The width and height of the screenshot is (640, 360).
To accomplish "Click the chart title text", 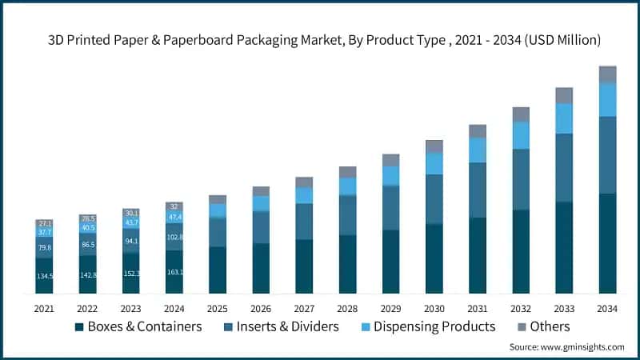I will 320,39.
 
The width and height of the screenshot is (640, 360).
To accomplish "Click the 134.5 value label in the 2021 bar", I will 44,276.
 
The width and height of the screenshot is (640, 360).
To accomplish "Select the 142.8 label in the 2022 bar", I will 87,274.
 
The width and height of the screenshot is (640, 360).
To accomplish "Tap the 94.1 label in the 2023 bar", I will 131,241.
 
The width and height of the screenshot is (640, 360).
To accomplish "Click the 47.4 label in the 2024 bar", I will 174,216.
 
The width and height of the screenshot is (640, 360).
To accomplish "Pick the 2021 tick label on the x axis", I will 44,308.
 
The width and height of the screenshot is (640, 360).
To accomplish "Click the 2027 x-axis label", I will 304,308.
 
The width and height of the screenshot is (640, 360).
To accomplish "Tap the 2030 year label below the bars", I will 434,308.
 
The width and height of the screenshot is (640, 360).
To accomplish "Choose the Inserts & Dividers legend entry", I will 285,326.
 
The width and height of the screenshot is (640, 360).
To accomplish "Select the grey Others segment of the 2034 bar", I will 608,74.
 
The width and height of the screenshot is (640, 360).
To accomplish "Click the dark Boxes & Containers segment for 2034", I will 608,243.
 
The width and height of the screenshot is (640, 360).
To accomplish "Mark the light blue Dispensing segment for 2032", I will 521,135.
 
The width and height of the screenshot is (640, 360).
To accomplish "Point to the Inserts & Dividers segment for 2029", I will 390,208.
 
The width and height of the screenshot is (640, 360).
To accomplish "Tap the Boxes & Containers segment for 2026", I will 261,268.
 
